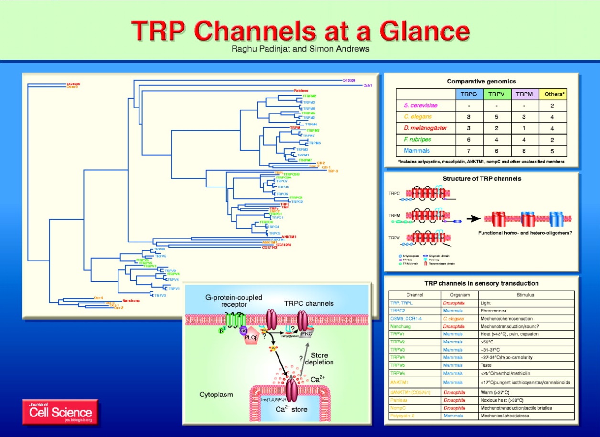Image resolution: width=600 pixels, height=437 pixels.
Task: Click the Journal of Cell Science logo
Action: click(x=60, y=411)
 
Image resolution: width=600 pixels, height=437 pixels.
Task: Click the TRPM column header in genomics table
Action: click(x=524, y=94)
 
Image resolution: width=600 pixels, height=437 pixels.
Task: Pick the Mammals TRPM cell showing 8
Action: click(x=524, y=151)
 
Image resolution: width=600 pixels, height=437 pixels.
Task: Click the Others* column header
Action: click(x=554, y=94)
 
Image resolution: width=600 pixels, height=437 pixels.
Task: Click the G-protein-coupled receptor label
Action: click(x=234, y=301)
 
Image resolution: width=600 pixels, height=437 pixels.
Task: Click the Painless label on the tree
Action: click(x=301, y=90)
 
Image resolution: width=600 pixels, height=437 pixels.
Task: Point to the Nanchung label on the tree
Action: click(x=131, y=300)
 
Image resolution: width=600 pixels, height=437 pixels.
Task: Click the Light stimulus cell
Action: click(x=485, y=302)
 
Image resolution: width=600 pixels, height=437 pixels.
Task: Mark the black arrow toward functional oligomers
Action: click(x=473, y=219)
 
